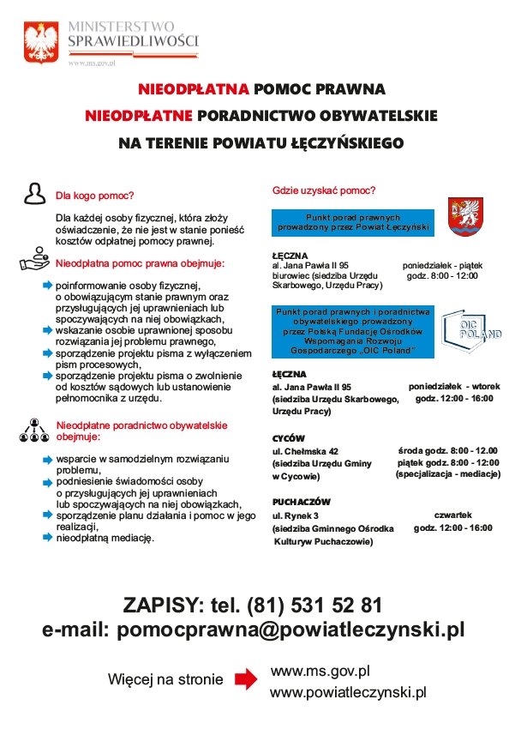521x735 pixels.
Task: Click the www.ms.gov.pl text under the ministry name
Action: (92, 63)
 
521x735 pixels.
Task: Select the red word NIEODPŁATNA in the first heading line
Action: (194, 89)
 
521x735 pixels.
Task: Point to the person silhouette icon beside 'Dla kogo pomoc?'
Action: (34, 193)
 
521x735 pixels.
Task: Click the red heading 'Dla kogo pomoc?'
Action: (95, 195)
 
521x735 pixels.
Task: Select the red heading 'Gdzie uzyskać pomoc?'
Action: (324, 190)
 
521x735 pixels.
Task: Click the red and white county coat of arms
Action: (466, 218)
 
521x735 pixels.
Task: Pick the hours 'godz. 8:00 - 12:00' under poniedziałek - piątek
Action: (441, 275)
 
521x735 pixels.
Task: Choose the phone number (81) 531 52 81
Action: (314, 605)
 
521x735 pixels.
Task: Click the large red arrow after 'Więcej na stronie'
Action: (246, 679)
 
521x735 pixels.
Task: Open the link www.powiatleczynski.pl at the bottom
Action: (348, 691)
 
